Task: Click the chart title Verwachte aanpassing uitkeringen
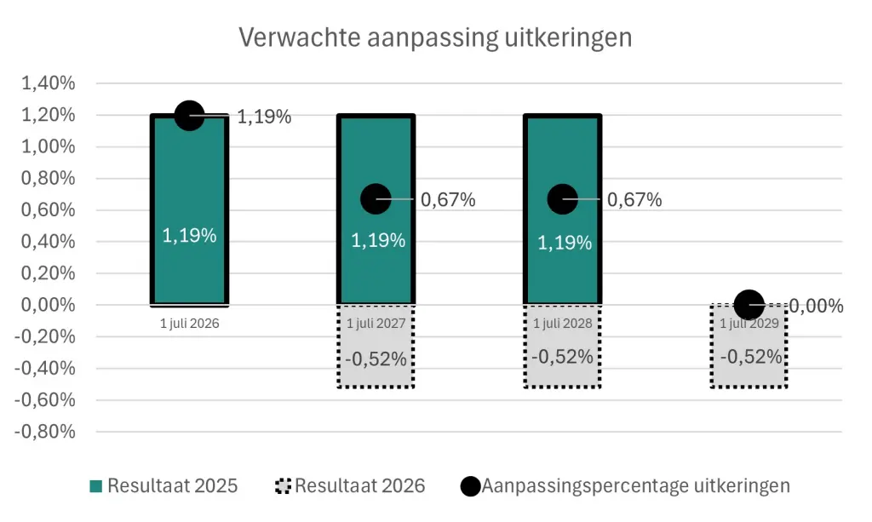[435, 37]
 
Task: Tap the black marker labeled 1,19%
[189, 115]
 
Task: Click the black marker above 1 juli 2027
[376, 198]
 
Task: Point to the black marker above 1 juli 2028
[562, 198]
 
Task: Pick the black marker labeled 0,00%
[749, 304]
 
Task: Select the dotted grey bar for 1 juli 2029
[749, 349]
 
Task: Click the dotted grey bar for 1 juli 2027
[376, 349]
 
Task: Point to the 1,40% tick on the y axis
[48, 83]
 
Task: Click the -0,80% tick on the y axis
[44, 431]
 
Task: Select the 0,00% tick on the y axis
[48, 305]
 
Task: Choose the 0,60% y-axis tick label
[48, 209]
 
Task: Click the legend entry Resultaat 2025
[164, 486]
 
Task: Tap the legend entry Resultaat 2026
[351, 486]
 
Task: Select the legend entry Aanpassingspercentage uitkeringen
[625, 486]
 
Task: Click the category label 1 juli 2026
[189, 324]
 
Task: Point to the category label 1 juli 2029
[749, 324]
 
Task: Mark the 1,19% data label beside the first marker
[264, 118]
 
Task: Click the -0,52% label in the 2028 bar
[562, 357]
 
